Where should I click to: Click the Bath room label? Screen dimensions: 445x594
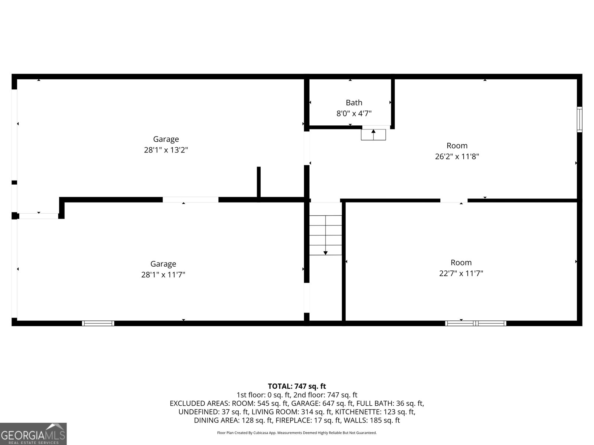(354, 103)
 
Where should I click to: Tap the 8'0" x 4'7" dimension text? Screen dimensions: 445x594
(354, 113)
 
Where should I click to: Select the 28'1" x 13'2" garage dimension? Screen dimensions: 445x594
(166, 150)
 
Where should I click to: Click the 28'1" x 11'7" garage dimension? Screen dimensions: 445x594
(163, 275)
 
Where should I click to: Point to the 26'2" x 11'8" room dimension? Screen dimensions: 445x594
(457, 156)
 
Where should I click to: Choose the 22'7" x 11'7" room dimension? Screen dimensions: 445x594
(461, 273)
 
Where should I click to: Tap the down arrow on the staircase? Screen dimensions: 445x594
(326, 253)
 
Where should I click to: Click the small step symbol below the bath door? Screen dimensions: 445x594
(373, 135)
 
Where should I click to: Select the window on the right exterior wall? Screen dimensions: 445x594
(579, 119)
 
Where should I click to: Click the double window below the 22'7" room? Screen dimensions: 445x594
(476, 323)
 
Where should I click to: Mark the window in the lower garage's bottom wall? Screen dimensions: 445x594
(98, 323)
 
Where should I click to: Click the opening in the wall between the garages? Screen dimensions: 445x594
(190, 200)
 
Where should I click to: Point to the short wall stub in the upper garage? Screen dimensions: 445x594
(259, 182)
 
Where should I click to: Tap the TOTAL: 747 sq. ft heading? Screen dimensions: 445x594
(297, 386)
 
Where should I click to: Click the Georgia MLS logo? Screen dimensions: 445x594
(33, 434)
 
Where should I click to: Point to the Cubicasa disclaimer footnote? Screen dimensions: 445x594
(297, 433)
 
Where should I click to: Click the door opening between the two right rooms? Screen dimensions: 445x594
(454, 201)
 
